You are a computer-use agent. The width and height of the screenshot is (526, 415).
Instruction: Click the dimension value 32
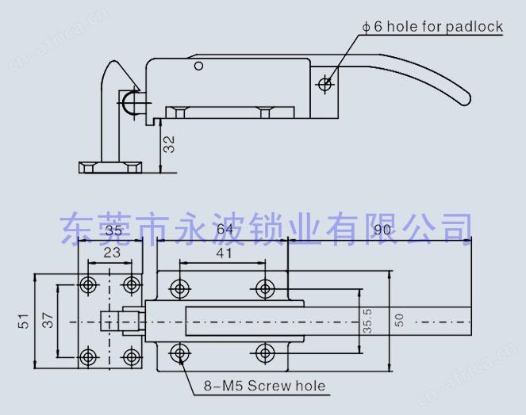tap(169, 144)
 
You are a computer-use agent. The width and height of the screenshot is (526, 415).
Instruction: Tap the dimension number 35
tap(113, 230)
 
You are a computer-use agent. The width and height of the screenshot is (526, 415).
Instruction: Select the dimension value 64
tap(225, 229)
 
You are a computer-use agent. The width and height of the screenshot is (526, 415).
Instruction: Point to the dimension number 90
tap(382, 230)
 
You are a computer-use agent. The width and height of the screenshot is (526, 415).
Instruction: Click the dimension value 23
tap(112, 253)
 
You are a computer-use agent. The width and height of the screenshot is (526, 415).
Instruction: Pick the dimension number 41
tap(224, 253)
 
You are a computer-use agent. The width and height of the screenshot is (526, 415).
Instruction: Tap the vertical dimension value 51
tap(24, 321)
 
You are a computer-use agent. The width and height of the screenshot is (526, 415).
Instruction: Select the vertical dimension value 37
tap(48, 320)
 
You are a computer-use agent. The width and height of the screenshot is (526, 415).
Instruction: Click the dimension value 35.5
tap(367, 321)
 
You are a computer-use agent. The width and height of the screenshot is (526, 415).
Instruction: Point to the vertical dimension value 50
tap(399, 320)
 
